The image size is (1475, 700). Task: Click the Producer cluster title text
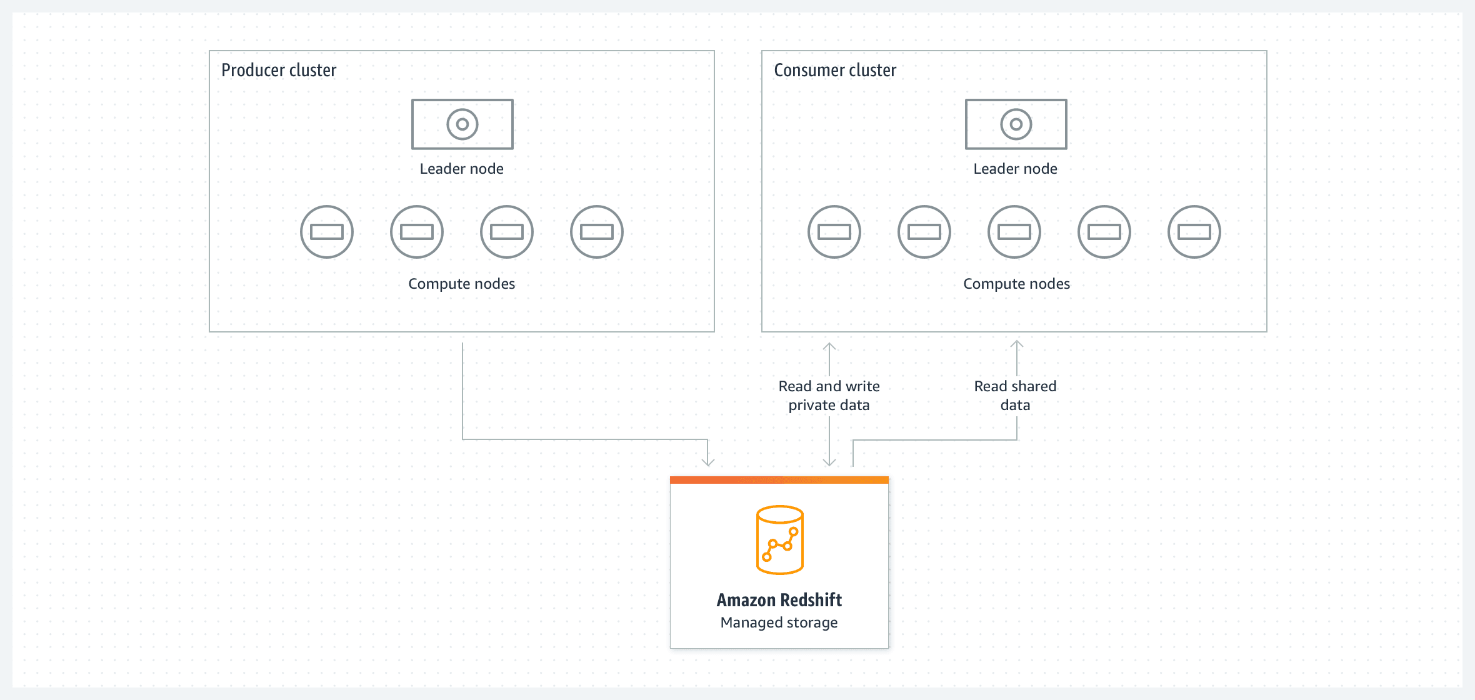[x=279, y=70]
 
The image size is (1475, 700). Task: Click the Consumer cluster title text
[x=835, y=70]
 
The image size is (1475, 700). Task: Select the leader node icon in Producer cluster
[x=462, y=124]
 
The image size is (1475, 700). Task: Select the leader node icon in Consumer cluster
[x=1016, y=124]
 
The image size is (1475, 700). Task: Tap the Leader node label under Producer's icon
[x=461, y=169]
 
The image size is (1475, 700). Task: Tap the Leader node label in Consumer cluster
[x=1015, y=169]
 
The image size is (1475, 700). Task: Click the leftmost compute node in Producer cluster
[x=327, y=232]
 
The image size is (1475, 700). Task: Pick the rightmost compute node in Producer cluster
[x=597, y=232]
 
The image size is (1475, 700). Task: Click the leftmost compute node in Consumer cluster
[x=834, y=232]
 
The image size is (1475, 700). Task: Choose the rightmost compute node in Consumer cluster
[x=1194, y=232]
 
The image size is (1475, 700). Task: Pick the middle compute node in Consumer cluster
[x=1014, y=232]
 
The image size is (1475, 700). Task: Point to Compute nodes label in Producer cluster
[x=461, y=284]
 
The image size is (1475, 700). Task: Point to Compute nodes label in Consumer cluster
[x=1016, y=284]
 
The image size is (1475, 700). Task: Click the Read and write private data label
[x=829, y=396]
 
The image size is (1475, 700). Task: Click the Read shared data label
[x=1015, y=396]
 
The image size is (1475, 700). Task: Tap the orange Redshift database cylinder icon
[x=779, y=540]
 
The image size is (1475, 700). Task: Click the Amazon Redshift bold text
[x=779, y=600]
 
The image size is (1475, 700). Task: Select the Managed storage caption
[x=779, y=622]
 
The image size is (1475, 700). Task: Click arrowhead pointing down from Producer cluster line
[x=707, y=462]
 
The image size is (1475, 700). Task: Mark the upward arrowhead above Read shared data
[x=1017, y=344]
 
